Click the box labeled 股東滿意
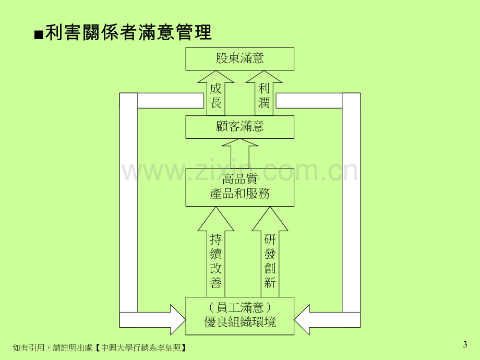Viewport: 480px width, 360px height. coord(239,59)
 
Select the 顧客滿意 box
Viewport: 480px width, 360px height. coord(239,127)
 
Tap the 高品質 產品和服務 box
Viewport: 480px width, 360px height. coord(239,187)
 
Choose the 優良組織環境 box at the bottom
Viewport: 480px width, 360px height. coord(239,316)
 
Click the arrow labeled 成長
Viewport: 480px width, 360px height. coord(216,93)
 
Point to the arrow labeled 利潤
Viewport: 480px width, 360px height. coord(264,93)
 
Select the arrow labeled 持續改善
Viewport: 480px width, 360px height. coord(216,251)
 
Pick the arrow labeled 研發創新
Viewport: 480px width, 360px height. coord(270,251)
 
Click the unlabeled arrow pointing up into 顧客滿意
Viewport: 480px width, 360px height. coord(239,153)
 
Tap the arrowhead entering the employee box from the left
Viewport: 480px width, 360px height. coord(178,320)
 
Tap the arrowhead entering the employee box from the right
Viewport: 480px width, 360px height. coord(302,320)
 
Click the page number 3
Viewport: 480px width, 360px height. coord(465,345)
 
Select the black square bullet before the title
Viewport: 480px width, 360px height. coord(39,35)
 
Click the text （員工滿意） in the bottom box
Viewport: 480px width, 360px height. coord(239,307)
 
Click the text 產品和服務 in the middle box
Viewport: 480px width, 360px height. coord(239,194)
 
